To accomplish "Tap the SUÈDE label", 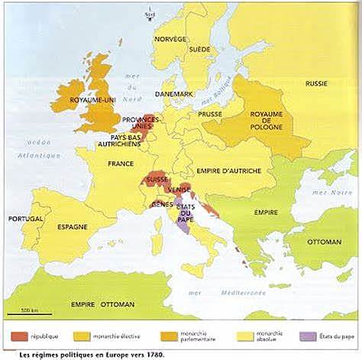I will [x=199, y=49].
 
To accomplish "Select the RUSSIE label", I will [x=316, y=82].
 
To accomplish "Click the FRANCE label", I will [x=121, y=164].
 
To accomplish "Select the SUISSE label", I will [x=156, y=179].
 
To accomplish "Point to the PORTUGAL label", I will [x=26, y=218].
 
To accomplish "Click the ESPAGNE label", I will [x=71, y=227].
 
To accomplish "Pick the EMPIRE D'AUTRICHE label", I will [x=229, y=171].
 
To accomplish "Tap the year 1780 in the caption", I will [x=154, y=354].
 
